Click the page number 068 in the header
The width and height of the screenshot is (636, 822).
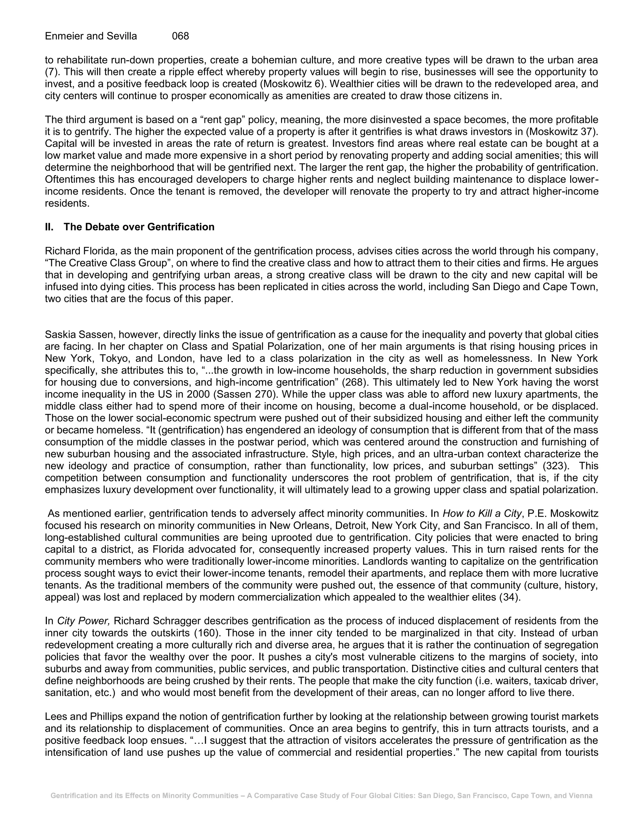pos(180,36)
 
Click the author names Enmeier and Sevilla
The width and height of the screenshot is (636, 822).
pos(91,36)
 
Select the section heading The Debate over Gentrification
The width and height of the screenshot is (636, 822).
pos(139,227)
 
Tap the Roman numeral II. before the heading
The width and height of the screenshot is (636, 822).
pos(49,227)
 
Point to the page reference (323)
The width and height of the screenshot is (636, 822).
pos(555,466)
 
